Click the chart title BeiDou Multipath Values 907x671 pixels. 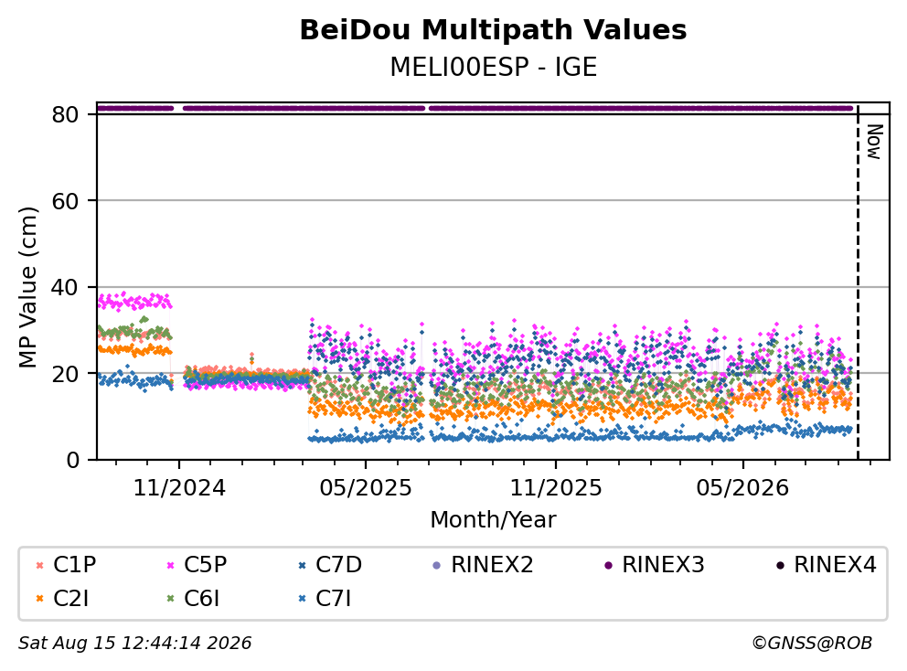point(493,30)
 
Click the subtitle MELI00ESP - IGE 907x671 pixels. point(493,67)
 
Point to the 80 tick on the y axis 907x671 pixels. point(65,114)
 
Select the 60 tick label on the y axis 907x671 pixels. point(65,201)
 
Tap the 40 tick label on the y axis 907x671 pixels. point(65,287)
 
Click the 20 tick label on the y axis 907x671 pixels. point(65,374)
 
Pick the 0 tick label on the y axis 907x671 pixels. point(73,460)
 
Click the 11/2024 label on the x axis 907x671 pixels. point(179,488)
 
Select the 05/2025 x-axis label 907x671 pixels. point(366,488)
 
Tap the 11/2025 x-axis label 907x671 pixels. point(556,488)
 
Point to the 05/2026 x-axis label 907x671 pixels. point(742,488)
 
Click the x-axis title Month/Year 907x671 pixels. point(493,519)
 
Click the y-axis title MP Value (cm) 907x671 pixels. point(27,287)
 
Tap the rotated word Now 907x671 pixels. point(874,142)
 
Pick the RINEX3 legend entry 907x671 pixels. point(655,565)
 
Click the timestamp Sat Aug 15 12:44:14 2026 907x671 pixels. point(135,643)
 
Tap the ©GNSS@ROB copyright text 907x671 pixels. point(812,643)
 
